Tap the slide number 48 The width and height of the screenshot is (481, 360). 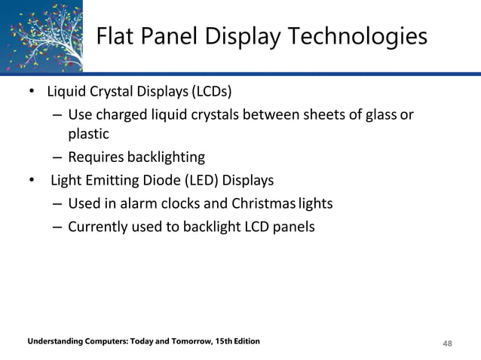pos(448,343)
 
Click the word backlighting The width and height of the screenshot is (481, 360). pos(167,157)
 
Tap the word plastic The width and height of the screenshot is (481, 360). pos(89,135)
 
